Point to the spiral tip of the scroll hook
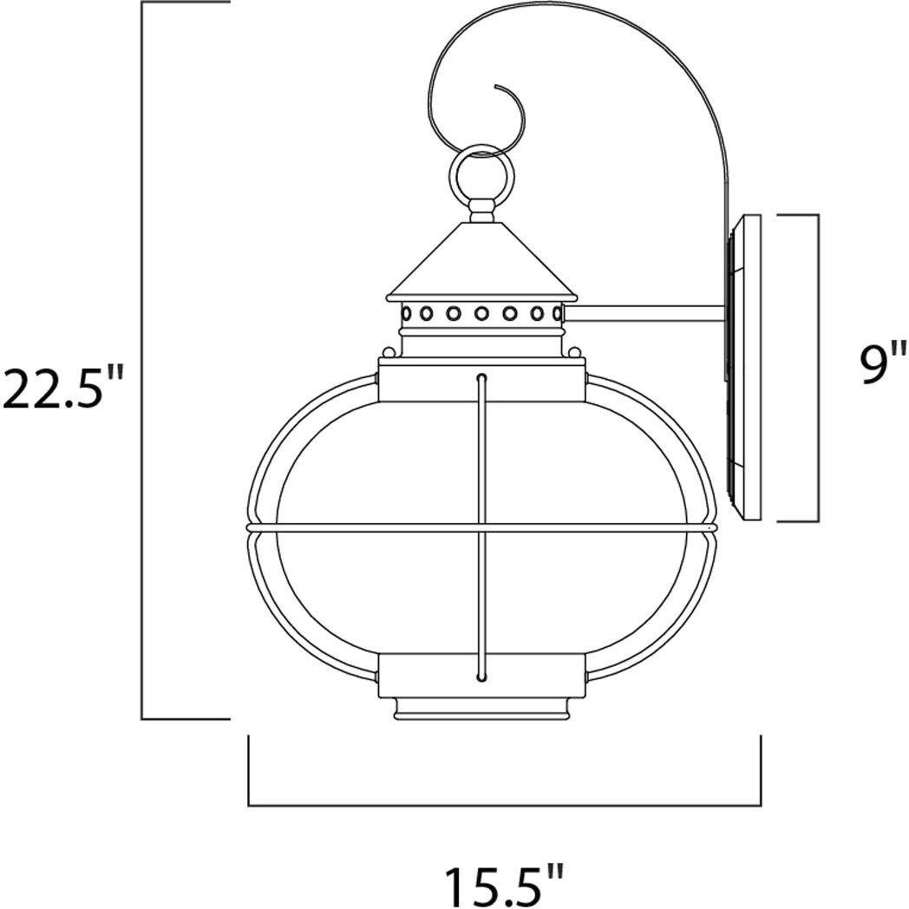(496, 87)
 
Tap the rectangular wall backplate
(744, 369)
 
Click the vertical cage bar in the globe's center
(480, 451)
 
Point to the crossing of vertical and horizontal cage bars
(480, 526)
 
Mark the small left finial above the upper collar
(387, 351)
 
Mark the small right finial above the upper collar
(573, 351)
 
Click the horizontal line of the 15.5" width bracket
(504, 806)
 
